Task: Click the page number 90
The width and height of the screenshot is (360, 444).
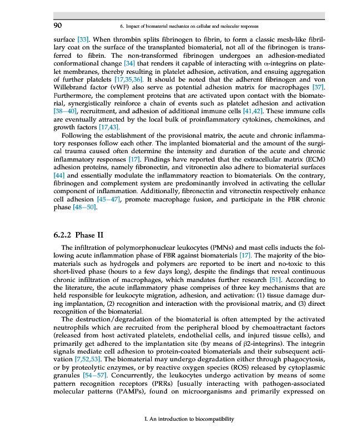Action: click(57, 26)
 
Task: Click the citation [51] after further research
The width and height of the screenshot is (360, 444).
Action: click(276, 280)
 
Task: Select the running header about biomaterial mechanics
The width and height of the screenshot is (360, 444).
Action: click(189, 26)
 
